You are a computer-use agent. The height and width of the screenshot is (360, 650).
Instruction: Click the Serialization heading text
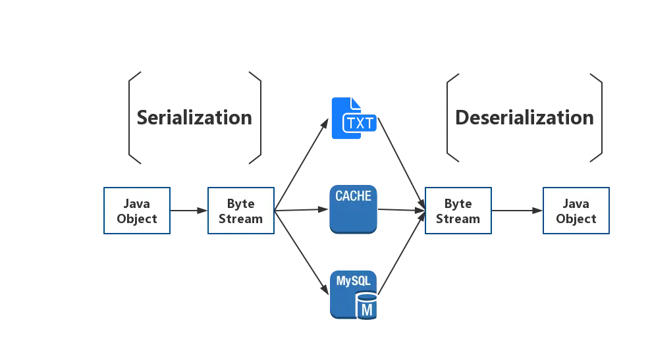point(194,118)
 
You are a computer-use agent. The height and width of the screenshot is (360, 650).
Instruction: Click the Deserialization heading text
point(524,118)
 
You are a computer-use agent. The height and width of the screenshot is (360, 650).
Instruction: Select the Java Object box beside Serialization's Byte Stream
point(137,211)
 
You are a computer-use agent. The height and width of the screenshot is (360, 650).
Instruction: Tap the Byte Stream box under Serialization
point(241,211)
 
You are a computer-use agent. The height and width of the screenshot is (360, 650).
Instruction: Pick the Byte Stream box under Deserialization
point(458,211)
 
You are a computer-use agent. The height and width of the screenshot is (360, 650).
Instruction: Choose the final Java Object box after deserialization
point(576,211)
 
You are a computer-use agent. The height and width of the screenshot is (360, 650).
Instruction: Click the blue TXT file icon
point(354,118)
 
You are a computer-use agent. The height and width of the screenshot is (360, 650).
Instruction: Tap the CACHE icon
point(353,209)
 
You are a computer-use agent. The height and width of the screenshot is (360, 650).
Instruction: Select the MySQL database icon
point(353,295)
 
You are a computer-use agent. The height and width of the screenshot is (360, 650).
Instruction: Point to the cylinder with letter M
point(367,306)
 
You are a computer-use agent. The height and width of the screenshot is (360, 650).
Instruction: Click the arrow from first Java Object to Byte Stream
point(188,211)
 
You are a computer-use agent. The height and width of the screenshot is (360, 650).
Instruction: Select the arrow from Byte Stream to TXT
point(302,165)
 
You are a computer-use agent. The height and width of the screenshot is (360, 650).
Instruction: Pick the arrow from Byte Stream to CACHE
point(302,210)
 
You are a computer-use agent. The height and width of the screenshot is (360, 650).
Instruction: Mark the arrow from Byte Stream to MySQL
point(302,253)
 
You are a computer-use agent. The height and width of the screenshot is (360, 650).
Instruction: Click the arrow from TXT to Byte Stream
point(402,164)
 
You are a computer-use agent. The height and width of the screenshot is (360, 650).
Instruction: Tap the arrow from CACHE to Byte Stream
point(402,210)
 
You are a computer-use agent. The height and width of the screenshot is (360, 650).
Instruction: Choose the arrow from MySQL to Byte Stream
point(402,253)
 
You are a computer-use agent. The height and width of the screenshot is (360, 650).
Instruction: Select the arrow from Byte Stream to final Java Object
point(517,211)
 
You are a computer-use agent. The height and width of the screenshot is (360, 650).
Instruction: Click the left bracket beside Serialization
point(129,118)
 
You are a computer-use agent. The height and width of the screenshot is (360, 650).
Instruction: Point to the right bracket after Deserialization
point(601,118)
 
